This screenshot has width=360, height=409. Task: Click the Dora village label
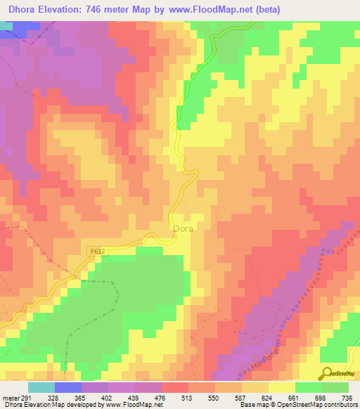coord(183,229)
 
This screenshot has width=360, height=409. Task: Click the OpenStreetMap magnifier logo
coord(326,374)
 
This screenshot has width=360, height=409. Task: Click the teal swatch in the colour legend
coord(41,388)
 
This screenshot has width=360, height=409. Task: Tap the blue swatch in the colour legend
coord(67,388)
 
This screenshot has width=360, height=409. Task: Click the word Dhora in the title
coord(25,10)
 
